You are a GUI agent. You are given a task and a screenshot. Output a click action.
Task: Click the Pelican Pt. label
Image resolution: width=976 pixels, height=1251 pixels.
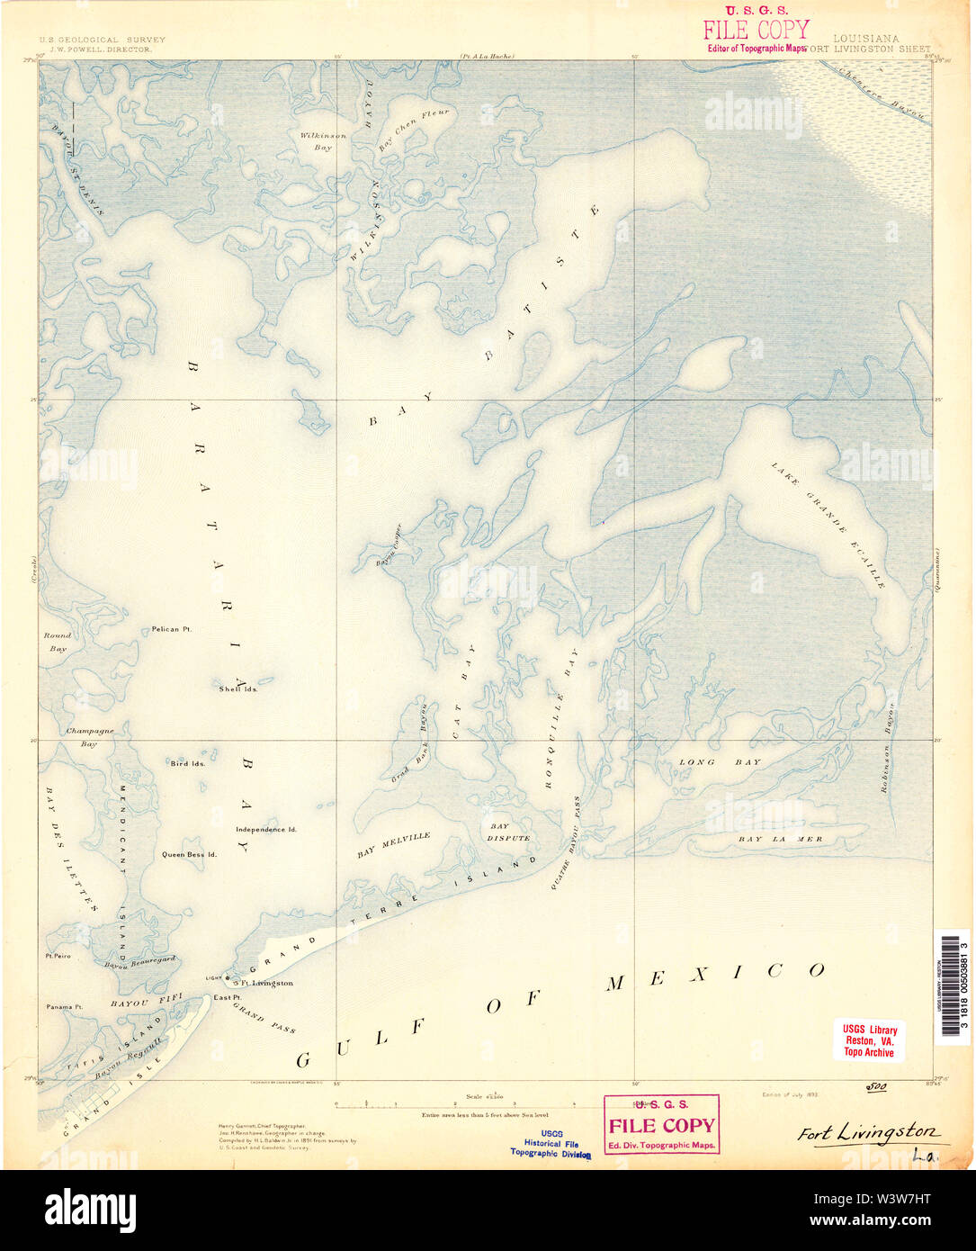[x=171, y=629]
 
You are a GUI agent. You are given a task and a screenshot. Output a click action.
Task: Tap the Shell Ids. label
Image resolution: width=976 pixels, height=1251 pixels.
[x=238, y=688]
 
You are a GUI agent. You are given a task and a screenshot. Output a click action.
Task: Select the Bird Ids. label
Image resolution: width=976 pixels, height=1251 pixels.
[x=188, y=763]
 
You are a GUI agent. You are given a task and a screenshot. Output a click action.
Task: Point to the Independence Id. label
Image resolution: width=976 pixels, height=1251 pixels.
[x=266, y=829]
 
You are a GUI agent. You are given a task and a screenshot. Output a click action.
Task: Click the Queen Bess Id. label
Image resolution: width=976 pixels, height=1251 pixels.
[x=189, y=854]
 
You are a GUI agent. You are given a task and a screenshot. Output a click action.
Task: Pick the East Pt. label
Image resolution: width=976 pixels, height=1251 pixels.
[x=227, y=997]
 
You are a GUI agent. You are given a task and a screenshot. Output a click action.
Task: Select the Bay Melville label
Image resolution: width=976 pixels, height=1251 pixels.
[x=393, y=843]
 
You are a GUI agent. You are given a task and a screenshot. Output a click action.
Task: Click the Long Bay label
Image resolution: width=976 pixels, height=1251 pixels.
[x=720, y=762]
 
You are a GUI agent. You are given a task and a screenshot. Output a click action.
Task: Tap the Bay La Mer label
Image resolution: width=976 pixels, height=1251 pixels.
[x=780, y=839]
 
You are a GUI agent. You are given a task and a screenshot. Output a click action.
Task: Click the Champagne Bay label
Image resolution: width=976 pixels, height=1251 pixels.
[x=89, y=737]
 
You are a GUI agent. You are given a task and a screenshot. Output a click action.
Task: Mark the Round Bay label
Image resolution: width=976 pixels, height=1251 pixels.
[x=58, y=641]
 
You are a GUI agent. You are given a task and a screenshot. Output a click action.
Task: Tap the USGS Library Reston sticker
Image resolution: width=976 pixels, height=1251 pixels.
[x=869, y=1040]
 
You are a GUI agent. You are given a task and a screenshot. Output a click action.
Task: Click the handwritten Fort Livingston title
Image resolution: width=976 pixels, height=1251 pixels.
[x=867, y=1133]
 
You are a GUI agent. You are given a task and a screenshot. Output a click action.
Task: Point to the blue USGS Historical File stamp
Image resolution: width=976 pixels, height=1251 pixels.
[x=551, y=1143]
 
